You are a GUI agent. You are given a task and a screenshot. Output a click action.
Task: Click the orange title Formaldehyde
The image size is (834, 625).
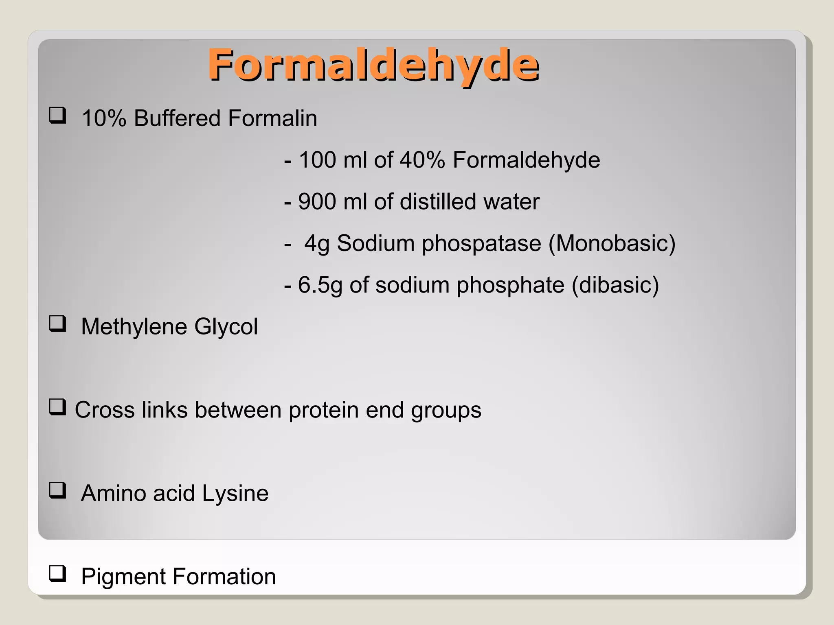373,65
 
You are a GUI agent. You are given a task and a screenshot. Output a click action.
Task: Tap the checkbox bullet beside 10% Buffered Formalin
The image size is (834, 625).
57,115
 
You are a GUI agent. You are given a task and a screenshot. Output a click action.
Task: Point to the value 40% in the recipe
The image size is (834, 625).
422,160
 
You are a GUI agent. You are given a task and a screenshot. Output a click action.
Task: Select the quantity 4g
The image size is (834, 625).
317,244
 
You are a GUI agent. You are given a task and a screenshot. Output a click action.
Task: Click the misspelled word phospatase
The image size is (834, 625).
481,244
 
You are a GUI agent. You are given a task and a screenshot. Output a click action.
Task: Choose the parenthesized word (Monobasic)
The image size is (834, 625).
612,244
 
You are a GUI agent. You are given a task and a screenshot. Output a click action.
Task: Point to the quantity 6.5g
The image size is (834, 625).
320,285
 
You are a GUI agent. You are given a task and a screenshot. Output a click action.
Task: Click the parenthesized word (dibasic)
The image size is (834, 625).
615,285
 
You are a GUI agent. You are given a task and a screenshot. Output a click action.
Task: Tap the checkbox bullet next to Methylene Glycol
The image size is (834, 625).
57,324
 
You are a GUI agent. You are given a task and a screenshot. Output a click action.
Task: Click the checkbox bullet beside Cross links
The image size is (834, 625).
57,407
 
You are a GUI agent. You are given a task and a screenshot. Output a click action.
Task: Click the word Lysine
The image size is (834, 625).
235,493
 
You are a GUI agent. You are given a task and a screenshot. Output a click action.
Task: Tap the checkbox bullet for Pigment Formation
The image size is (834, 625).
57,574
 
